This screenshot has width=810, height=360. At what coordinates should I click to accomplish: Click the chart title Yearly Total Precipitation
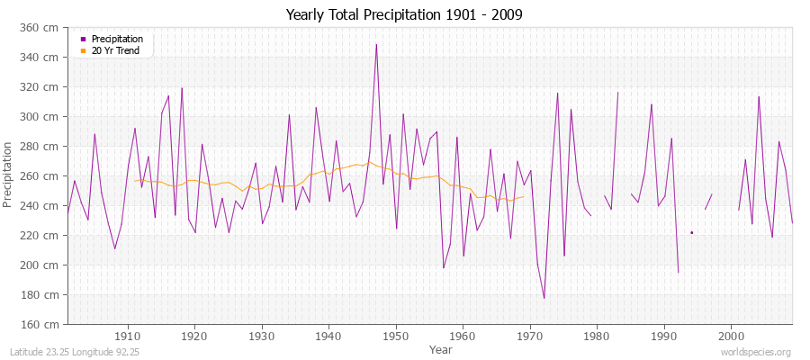(404, 15)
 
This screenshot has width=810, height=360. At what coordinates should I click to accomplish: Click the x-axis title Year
(441, 348)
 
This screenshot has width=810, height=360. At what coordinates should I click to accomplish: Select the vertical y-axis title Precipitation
(9, 175)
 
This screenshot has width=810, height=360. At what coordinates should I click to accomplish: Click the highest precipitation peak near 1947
(376, 44)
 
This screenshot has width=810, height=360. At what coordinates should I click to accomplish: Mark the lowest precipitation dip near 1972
(544, 298)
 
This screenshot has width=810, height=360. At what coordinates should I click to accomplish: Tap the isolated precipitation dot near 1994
(691, 232)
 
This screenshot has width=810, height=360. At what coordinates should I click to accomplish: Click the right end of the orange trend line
(524, 196)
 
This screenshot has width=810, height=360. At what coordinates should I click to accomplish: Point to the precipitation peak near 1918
(182, 88)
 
